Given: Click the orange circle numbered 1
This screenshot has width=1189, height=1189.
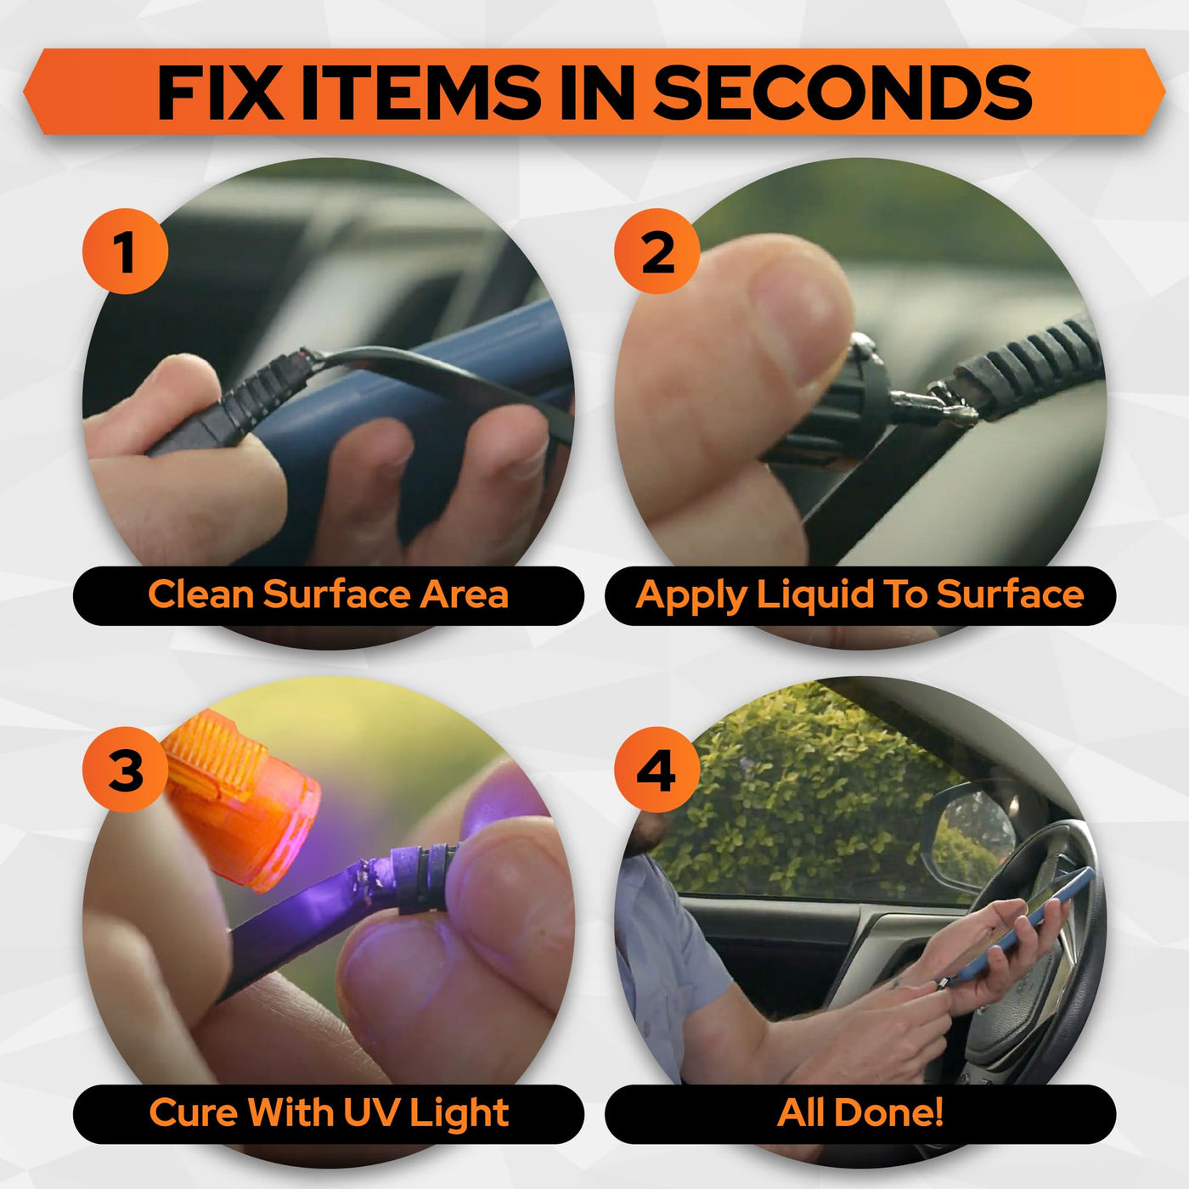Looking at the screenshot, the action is (125, 251).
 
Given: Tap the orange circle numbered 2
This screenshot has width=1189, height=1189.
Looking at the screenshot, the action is (657, 251).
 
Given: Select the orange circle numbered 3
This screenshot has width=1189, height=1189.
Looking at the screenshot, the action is (125, 769).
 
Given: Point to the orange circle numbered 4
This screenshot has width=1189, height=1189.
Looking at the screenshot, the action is (657, 769).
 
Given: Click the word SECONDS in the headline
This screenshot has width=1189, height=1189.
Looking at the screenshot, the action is (842, 93).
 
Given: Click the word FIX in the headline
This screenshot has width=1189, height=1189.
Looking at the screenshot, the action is (220, 93).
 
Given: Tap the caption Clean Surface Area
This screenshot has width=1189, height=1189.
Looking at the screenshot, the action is (329, 594).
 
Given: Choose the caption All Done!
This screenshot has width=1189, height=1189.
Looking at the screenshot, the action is (860, 1113).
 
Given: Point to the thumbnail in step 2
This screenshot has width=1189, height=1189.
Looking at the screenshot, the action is (796, 321).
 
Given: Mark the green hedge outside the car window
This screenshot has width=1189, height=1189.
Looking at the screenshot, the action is (802, 796).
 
